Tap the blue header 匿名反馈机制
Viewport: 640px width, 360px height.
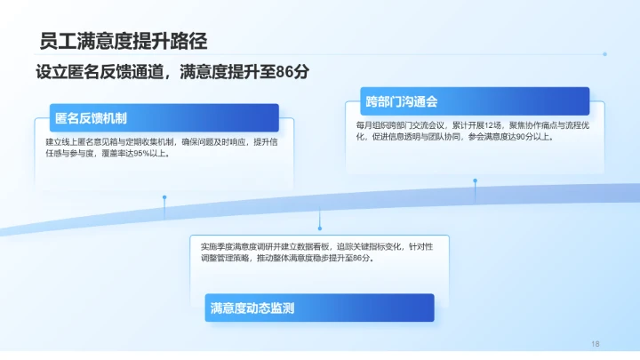click(91, 118)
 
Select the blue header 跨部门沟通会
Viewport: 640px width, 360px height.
click(401, 100)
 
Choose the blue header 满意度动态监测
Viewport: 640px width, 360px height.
click(252, 308)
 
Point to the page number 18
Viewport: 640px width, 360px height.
click(596, 343)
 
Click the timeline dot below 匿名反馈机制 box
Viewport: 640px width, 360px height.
click(164, 197)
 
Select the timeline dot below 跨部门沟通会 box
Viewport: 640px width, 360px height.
click(475, 180)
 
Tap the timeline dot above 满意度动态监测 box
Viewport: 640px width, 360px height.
click(319, 212)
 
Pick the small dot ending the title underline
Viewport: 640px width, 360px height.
click(604, 54)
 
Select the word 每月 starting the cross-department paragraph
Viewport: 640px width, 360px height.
click(363, 125)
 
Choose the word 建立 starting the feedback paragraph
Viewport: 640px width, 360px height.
click(52, 141)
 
